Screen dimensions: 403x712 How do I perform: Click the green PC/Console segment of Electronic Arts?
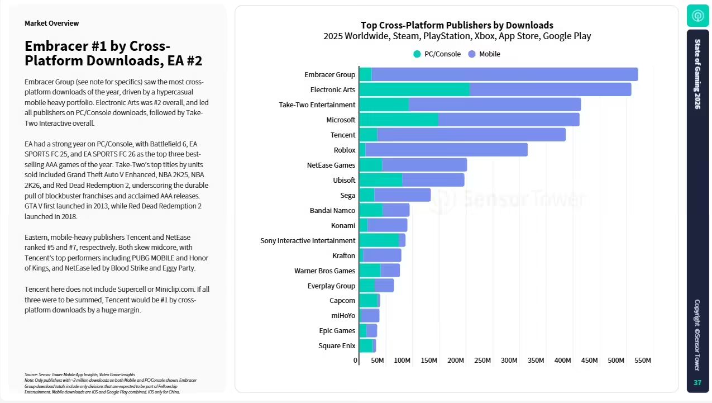pos(414,89)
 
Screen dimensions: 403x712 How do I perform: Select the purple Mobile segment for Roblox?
pos(446,150)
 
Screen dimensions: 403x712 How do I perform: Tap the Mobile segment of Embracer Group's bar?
pos(504,74)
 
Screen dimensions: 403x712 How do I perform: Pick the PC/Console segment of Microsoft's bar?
pos(398,120)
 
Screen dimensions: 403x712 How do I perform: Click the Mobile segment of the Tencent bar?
pos(471,135)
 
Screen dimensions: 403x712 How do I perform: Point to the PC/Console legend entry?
pos(437,54)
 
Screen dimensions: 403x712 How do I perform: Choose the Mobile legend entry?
pos(484,54)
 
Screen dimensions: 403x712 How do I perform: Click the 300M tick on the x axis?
pos(509,361)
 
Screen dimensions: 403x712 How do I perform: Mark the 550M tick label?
pos(642,361)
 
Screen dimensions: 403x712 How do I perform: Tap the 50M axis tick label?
pos(377,361)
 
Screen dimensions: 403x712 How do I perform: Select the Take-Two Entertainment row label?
pos(317,105)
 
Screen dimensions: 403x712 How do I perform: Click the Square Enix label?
pos(337,345)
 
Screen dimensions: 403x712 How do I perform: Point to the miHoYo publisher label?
pos(343,315)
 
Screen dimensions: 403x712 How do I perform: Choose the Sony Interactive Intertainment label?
pos(308,240)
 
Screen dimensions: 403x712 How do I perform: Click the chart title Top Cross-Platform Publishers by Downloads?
pos(457,25)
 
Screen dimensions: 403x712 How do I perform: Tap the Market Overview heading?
pos(52,23)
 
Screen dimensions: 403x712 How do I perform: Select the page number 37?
pos(697,383)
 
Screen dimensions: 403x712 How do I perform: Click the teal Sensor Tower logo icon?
pos(697,16)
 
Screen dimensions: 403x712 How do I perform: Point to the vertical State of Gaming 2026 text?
pos(697,74)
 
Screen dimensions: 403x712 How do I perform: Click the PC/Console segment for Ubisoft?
pos(380,180)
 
